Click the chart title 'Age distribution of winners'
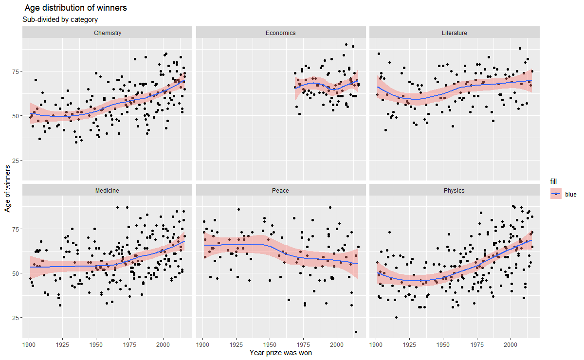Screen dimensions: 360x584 pyautogui.click(x=75, y=8)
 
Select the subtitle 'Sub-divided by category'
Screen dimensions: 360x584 pyautogui.click(x=60, y=20)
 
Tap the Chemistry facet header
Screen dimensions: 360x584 pyautogui.click(x=107, y=33)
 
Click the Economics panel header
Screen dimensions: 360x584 pyautogui.click(x=280, y=33)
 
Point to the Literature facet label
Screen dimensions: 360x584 pyautogui.click(x=454, y=33)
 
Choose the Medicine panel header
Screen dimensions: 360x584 pyautogui.click(x=107, y=191)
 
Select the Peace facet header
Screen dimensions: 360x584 pyautogui.click(x=280, y=191)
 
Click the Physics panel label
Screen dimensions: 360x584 pyautogui.click(x=454, y=191)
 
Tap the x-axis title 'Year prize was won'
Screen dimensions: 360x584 pyautogui.click(x=280, y=353)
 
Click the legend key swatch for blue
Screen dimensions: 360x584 pyautogui.click(x=556, y=194)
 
